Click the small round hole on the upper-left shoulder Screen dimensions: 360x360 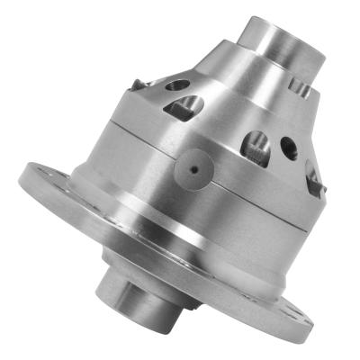pyautogui.click(x=177, y=85)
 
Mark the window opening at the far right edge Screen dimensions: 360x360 pyautogui.click(x=311, y=177)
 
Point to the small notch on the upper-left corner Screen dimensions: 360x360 pyautogui.click(x=138, y=85)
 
